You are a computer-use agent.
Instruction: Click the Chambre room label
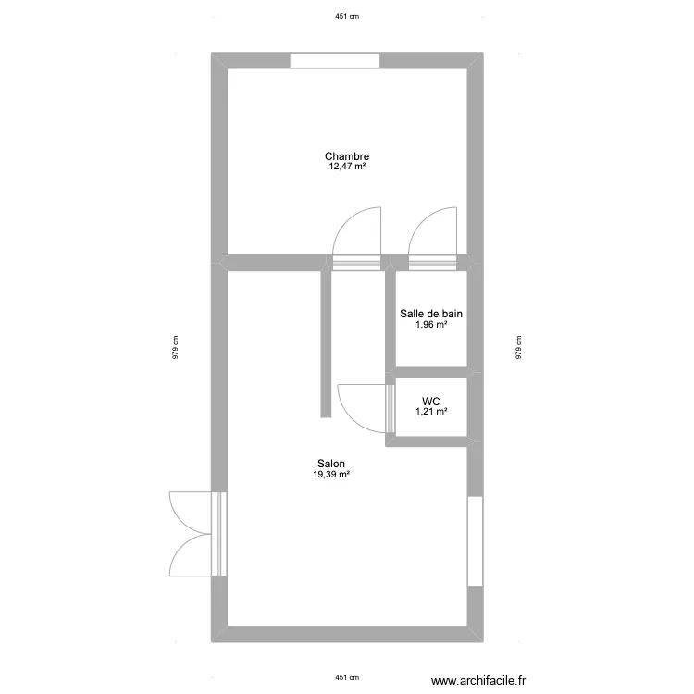coord(347,156)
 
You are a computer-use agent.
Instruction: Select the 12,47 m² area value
coord(347,167)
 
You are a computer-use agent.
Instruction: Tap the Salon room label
coord(332,464)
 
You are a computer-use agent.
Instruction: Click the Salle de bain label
coord(431,314)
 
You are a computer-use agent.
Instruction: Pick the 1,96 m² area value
coord(431,325)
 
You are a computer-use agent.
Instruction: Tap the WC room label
coord(431,401)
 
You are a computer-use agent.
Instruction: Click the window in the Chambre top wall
coord(335,61)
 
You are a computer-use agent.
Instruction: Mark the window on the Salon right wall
coord(475,541)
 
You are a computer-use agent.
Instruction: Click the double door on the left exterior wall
coord(194,534)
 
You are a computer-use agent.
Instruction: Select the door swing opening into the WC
coord(363,407)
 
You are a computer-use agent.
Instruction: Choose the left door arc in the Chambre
coord(357,233)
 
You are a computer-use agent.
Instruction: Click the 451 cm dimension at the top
coord(346,16)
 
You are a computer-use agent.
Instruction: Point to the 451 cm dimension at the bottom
coord(346,677)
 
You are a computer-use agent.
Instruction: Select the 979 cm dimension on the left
coord(174,347)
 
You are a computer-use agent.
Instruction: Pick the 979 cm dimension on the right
coord(519,347)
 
